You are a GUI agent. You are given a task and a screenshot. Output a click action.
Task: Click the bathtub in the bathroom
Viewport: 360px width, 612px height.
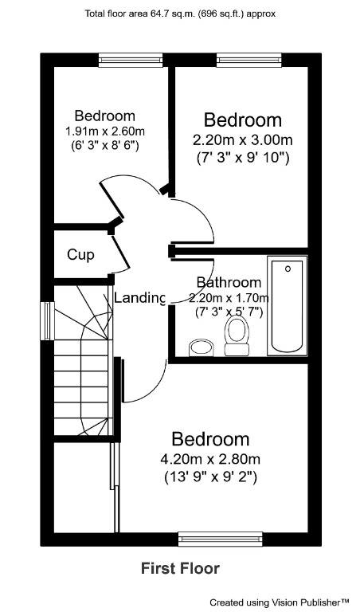coord(286,306)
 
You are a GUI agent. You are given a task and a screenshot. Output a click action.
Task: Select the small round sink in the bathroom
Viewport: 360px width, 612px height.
coord(198,347)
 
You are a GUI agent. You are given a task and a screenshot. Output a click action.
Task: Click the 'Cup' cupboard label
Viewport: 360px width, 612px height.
coord(80,255)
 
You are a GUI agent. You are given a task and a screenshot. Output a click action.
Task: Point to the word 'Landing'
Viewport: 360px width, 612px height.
coord(140,298)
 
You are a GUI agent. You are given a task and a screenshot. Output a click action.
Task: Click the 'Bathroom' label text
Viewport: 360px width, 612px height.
coord(229,282)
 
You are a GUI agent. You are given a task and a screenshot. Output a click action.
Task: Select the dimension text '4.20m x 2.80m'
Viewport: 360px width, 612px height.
coord(211,459)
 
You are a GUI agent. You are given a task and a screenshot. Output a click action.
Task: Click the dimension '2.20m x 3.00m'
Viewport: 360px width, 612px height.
coord(242,139)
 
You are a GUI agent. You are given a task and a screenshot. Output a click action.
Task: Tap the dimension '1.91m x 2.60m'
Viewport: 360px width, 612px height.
coord(104,131)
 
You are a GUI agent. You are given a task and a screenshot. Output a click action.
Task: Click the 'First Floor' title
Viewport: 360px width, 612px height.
coord(180,568)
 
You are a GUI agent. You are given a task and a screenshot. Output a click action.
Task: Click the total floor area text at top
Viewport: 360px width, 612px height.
coord(180,14)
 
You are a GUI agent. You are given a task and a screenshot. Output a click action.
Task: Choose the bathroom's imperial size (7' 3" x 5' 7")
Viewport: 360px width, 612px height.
coord(229,312)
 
